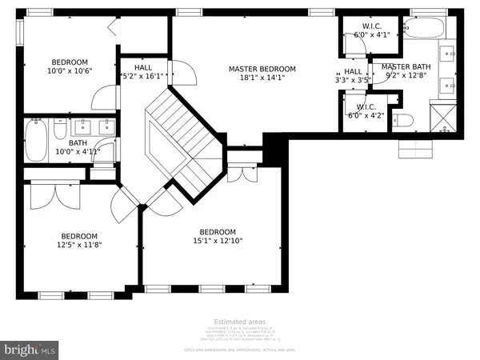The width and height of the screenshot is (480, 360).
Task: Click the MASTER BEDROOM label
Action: [x=262, y=69]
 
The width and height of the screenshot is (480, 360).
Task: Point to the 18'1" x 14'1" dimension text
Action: [x=262, y=78]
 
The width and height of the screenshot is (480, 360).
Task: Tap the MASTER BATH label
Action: [x=406, y=67]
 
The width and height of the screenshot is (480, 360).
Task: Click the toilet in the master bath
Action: [x=404, y=121]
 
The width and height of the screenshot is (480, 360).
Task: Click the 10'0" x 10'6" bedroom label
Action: [x=72, y=62]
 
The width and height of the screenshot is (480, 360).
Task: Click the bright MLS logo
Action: [x=30, y=350]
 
